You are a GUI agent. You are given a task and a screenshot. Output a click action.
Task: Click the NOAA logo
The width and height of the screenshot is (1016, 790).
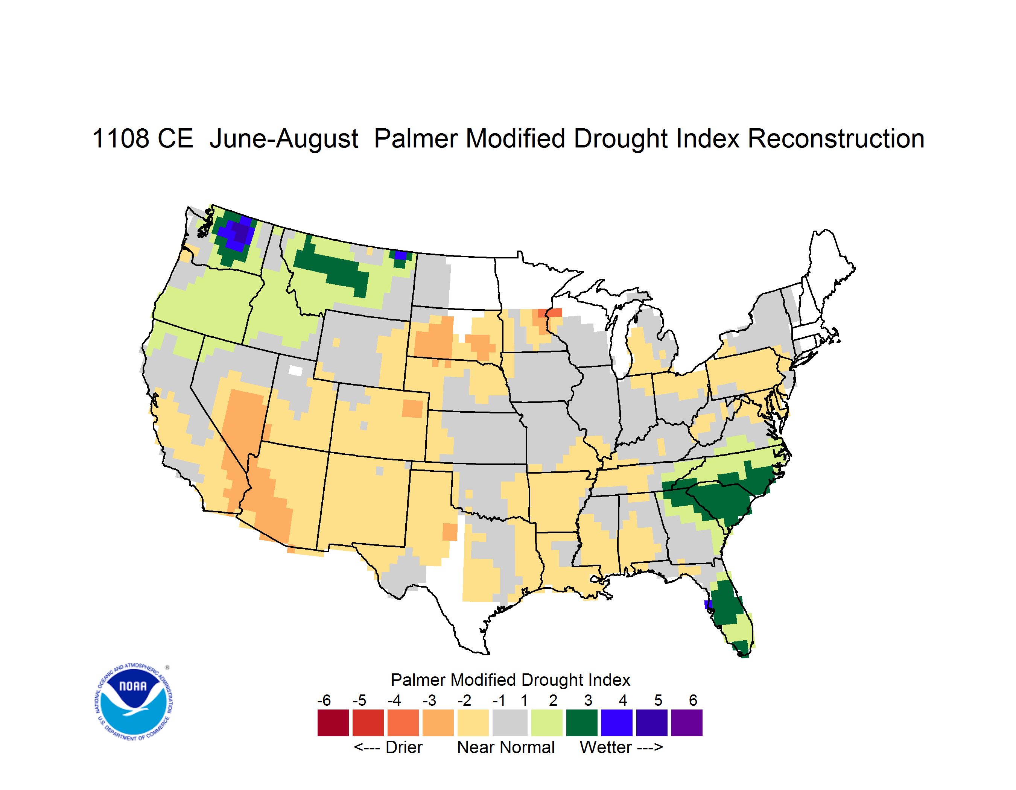point(134,702)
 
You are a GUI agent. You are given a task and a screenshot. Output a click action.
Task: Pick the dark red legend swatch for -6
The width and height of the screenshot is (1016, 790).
point(333,723)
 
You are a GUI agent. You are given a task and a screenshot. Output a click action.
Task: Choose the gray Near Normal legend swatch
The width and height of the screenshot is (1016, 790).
point(510,723)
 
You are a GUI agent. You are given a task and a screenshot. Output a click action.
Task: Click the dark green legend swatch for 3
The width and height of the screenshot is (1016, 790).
point(581,723)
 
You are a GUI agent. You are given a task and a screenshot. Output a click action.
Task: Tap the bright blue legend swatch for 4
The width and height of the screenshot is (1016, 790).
point(617,723)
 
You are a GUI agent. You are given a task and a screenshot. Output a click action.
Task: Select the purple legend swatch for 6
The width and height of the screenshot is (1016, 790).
point(687,723)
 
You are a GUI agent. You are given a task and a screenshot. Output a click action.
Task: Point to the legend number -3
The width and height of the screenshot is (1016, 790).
point(429,700)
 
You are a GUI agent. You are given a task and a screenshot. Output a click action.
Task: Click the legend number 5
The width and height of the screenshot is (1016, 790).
point(658,700)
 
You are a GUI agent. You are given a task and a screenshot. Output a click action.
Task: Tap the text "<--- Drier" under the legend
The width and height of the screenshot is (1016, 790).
point(388,747)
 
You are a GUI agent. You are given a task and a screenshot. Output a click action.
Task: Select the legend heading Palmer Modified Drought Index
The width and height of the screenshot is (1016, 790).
point(510,680)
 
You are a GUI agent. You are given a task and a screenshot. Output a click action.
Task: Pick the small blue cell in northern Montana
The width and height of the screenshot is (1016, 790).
point(400,255)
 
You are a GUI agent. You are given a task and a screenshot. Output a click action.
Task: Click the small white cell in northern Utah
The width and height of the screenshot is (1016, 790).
point(295,371)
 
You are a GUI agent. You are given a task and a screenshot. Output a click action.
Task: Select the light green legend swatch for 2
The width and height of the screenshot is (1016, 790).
point(547,723)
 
